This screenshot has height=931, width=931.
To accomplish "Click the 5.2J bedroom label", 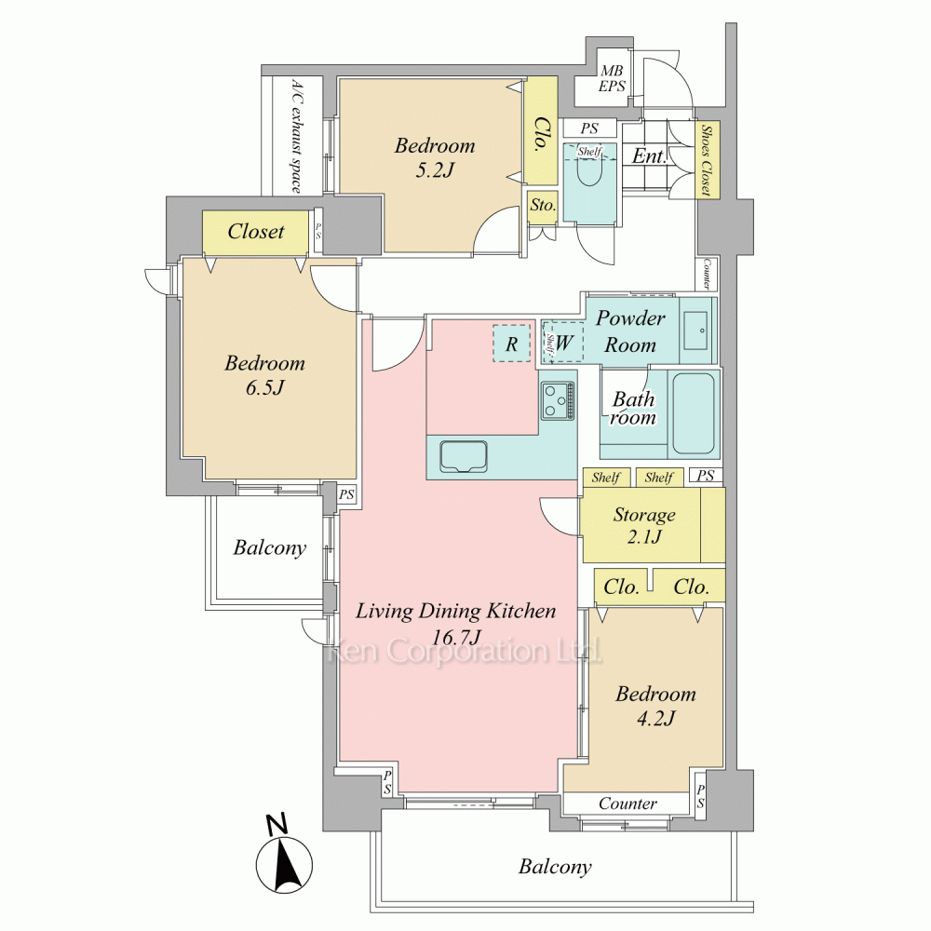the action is click(435, 158).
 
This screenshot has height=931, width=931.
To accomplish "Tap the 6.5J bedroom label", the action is click(264, 375).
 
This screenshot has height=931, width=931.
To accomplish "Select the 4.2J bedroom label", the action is click(655, 706).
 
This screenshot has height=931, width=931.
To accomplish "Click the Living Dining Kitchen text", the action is click(456, 611).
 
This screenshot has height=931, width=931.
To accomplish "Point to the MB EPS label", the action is click(612, 79).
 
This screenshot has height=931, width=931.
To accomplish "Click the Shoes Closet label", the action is click(707, 160).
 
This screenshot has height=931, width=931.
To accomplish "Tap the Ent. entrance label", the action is click(649, 155).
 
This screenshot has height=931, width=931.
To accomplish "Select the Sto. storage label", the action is click(543, 206).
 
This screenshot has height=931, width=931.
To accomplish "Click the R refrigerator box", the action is click(511, 344).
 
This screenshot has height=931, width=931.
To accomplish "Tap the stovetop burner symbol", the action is click(558, 400).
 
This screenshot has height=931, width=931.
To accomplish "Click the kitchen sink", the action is click(463, 456).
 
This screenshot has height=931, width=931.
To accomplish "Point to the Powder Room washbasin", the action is click(695, 331).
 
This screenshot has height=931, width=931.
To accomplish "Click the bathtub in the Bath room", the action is click(693, 413).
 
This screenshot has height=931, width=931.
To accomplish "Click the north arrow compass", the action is click(284, 856).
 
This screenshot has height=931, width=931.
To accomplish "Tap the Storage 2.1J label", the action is click(644, 525).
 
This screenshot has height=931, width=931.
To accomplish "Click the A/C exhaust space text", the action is click(297, 137).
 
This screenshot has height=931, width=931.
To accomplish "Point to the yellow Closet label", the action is click(256, 231).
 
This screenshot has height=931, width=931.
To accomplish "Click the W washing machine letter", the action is click(564, 343).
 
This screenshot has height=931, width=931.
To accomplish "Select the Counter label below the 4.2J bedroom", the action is click(627, 803).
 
